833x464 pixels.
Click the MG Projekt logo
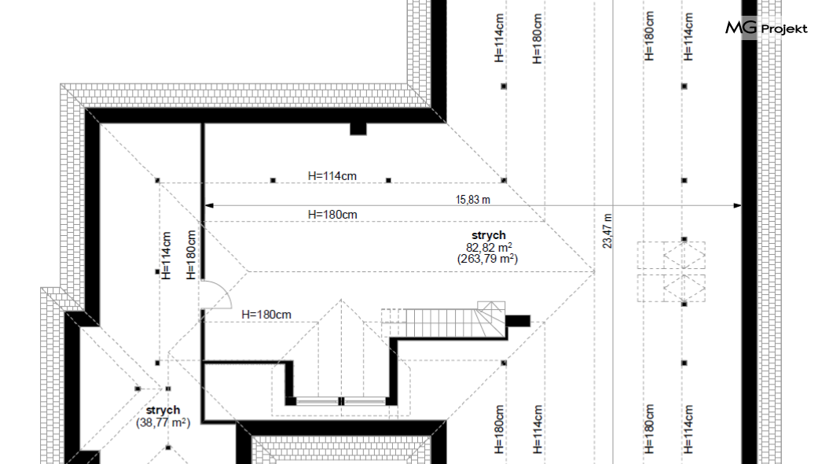click(766, 28)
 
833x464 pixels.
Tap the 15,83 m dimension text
click(473, 200)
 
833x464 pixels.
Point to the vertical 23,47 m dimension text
click(607, 231)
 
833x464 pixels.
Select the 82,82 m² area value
click(489, 247)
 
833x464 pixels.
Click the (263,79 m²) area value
click(488, 259)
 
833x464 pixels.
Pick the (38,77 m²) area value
click(163, 422)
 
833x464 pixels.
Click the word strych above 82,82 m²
click(489, 235)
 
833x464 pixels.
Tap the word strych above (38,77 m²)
click(163, 411)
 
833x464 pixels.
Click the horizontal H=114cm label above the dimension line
click(332, 176)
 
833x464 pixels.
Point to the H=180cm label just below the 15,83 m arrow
click(332, 215)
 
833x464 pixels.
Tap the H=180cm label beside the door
click(266, 315)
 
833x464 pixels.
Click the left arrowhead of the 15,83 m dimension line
click(209, 205)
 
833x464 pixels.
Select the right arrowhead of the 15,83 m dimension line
click(737, 205)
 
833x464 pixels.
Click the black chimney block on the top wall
click(358, 129)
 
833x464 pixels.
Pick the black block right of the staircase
click(517, 321)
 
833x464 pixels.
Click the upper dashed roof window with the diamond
click(684, 255)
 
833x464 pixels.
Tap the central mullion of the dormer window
click(341, 401)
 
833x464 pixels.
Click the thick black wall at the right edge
click(749, 232)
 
